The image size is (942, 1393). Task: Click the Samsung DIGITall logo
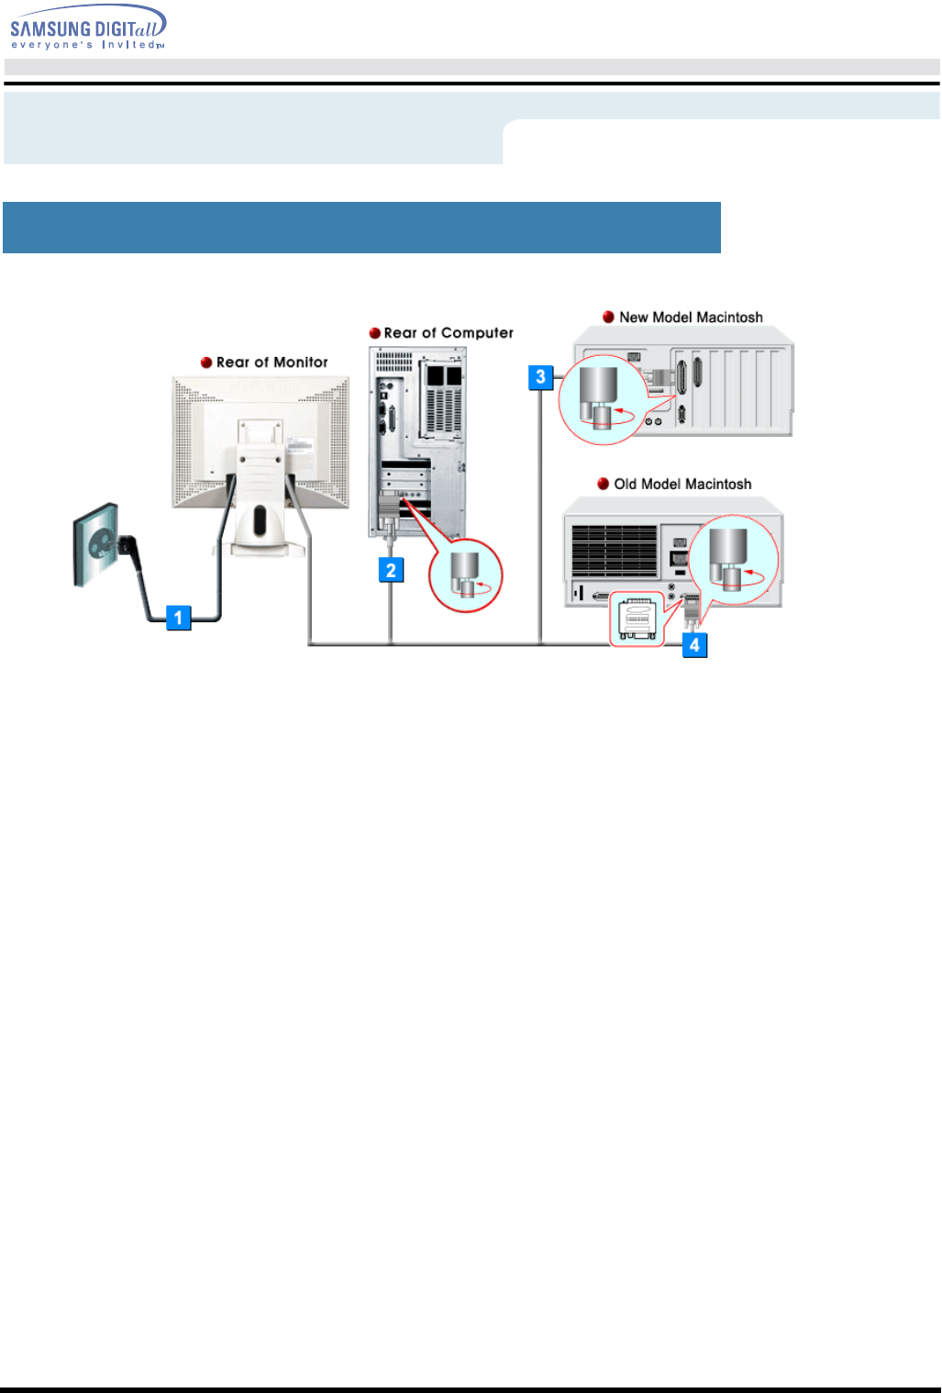88,28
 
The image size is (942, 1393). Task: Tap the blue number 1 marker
178,617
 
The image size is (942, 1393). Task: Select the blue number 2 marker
391,570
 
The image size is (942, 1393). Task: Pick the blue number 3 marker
540,376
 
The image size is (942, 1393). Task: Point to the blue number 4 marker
694,645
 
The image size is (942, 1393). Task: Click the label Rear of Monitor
272,362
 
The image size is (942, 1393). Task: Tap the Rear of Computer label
449,333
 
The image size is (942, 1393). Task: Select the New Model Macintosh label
691,318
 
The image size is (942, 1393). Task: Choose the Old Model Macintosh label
682,485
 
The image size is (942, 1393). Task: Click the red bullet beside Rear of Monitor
206,362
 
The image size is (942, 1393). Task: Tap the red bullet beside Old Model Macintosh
604,485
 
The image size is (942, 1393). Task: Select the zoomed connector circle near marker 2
467,575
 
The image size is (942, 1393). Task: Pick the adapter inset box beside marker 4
637,619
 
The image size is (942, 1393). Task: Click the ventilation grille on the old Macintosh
615,551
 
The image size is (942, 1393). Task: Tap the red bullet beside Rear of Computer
374,333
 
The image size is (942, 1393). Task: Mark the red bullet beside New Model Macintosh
608,318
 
